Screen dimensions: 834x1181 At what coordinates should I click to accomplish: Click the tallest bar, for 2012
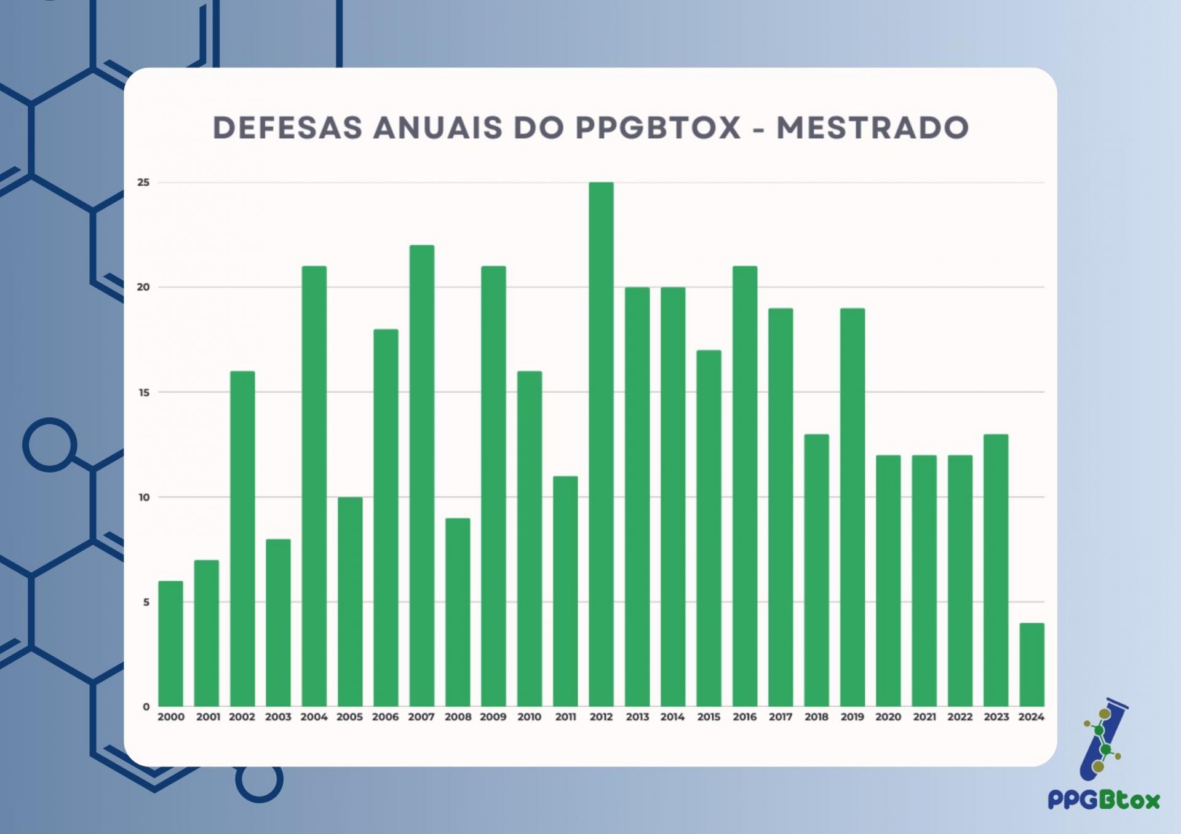[601, 444]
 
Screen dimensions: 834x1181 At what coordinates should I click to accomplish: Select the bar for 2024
[1032, 664]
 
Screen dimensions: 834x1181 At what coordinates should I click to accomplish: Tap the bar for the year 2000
[170, 643]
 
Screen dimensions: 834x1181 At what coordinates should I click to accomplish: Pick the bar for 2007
[421, 476]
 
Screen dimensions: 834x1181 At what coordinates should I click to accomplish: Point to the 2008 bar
[458, 612]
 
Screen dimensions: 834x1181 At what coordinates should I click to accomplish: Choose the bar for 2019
[853, 507]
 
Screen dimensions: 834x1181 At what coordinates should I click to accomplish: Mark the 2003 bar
[278, 623]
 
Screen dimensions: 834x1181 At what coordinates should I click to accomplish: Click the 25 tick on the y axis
[143, 183]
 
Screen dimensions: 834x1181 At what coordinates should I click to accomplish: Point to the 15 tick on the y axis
[143, 392]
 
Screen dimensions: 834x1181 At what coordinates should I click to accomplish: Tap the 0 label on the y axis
[146, 707]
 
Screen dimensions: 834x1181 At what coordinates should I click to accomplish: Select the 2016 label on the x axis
[744, 717]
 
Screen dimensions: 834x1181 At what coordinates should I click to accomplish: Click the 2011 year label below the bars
[565, 717]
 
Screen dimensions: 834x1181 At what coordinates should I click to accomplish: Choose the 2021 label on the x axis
[924, 717]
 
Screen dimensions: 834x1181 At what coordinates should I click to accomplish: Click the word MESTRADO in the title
[872, 128]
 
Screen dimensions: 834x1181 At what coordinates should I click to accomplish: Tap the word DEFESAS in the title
[287, 128]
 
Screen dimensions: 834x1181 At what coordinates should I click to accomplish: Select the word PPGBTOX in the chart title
[658, 128]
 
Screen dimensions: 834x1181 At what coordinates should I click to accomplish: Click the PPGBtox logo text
[1103, 800]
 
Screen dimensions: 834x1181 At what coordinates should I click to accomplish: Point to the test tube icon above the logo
[1103, 738]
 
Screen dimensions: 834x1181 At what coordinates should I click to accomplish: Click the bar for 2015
[709, 528]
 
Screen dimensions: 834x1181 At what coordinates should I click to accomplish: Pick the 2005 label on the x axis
[349, 717]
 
